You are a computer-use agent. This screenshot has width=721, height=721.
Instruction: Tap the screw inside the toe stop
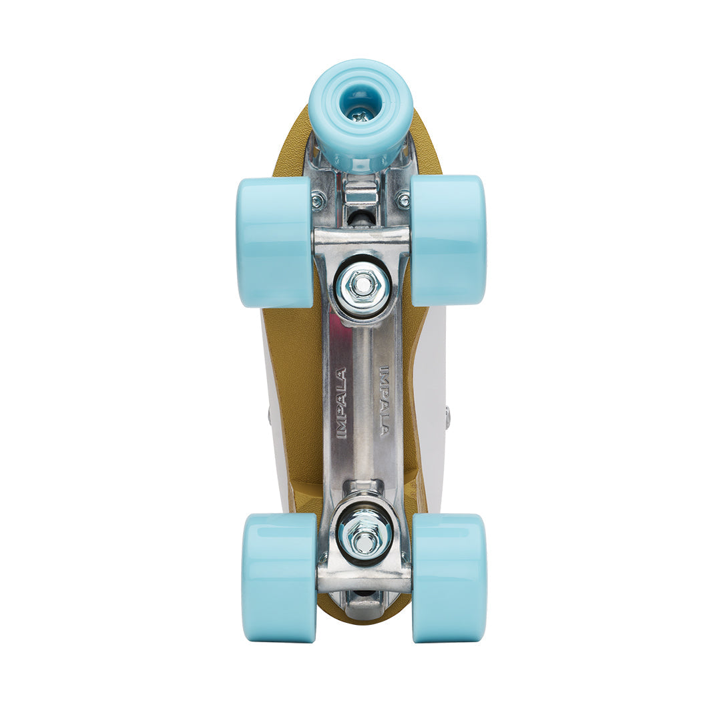point(360,114)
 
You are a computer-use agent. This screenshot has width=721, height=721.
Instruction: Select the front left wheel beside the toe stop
point(274,241)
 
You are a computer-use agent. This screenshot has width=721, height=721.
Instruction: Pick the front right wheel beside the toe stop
point(447,241)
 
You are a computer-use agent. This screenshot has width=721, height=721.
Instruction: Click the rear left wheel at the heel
point(279,577)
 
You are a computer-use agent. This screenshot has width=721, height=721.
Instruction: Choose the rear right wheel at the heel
point(449,577)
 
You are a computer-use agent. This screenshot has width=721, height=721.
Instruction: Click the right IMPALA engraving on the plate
point(385,401)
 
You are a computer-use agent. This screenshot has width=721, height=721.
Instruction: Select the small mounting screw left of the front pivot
point(317,200)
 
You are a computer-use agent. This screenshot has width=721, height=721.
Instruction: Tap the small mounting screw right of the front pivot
point(403,200)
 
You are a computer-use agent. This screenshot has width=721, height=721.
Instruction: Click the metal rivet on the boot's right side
point(447,417)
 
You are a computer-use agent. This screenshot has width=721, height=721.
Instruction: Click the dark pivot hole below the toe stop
point(360,217)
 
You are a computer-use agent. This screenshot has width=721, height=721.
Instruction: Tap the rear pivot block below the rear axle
point(364,604)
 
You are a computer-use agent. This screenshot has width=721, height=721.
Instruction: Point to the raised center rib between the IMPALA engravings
point(363,401)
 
